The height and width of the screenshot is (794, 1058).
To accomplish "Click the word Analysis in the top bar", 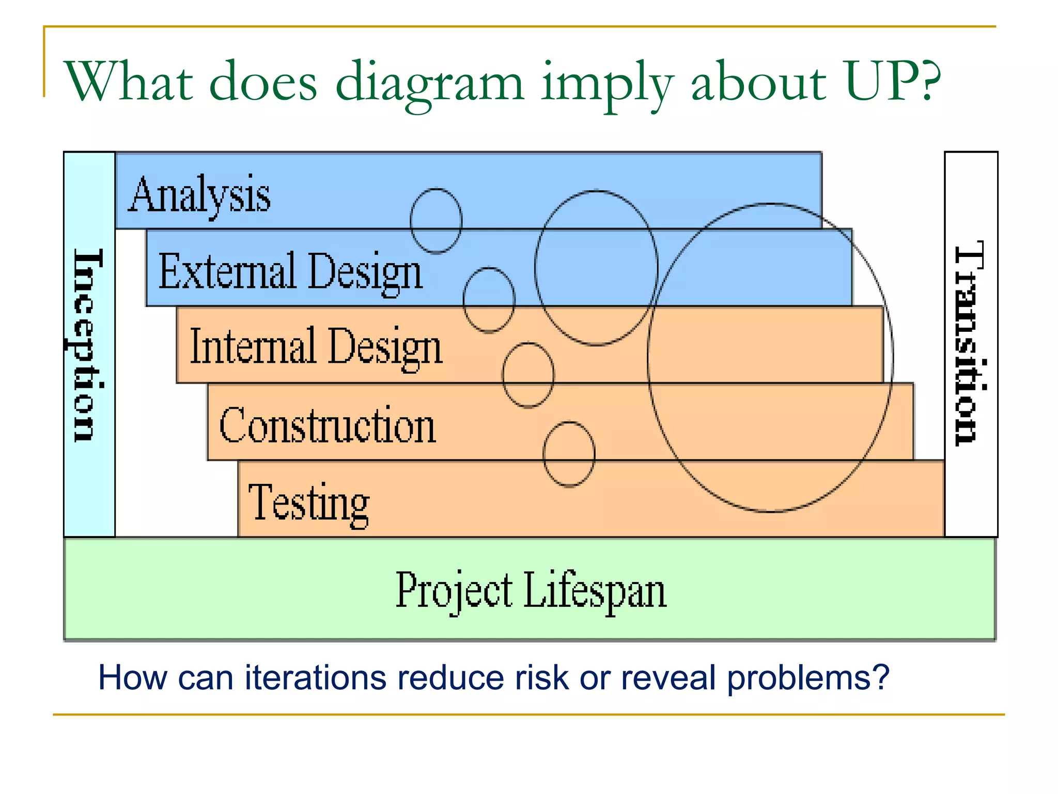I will [199, 195].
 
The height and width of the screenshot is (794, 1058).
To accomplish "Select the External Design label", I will [290, 272].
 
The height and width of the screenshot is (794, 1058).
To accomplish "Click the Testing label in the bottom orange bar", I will [309, 503].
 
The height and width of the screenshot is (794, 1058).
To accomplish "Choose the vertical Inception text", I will [88, 345].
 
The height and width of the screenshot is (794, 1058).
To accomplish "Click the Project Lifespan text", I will [531, 591].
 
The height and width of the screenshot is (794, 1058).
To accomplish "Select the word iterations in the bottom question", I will [315, 678].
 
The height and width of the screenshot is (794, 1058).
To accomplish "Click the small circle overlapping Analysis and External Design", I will [436, 221].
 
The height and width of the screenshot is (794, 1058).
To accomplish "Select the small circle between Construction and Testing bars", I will [569, 454].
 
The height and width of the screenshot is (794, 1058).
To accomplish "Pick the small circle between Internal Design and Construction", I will [528, 375].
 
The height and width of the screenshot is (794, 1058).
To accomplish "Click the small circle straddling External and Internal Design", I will [489, 300].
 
